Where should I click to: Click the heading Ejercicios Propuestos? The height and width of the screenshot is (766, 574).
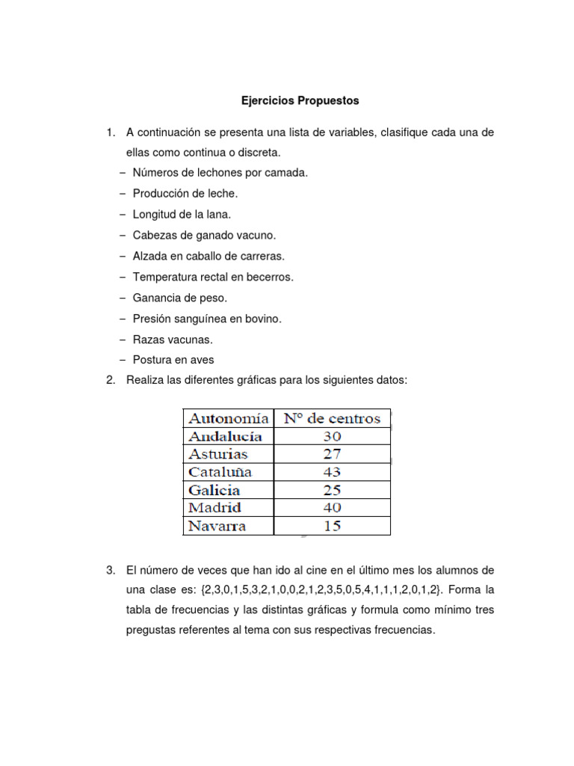click(299, 99)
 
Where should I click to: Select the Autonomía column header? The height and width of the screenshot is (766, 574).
click(229, 418)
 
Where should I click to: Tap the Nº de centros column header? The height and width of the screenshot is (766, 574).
click(331, 418)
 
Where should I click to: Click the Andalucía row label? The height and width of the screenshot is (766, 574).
click(225, 436)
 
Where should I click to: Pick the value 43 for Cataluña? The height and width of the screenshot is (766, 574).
click(332, 472)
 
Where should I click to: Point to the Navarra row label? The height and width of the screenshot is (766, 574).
click(217, 526)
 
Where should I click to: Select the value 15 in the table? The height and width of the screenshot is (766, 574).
click(332, 526)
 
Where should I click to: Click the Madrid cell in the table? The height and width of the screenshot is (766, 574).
click(216, 508)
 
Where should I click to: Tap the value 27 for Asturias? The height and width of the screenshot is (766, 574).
click(332, 454)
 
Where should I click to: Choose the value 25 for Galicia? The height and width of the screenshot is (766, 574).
click(332, 490)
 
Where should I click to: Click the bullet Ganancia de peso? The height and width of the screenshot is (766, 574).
click(179, 298)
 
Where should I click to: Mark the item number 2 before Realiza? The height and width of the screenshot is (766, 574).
click(111, 380)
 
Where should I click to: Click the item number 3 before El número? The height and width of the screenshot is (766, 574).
click(111, 570)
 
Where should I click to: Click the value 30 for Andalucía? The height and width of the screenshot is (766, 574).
click(332, 436)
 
